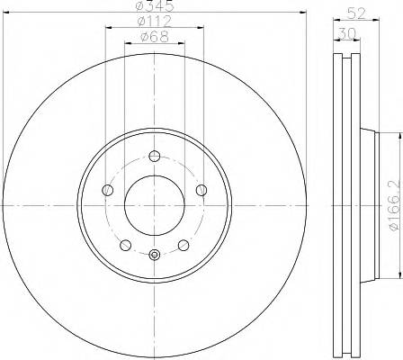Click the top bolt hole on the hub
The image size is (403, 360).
click(154, 156)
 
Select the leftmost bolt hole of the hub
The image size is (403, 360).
click(107, 190)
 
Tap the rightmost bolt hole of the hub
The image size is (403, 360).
click(201, 189)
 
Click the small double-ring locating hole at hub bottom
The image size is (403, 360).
click(154, 255)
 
